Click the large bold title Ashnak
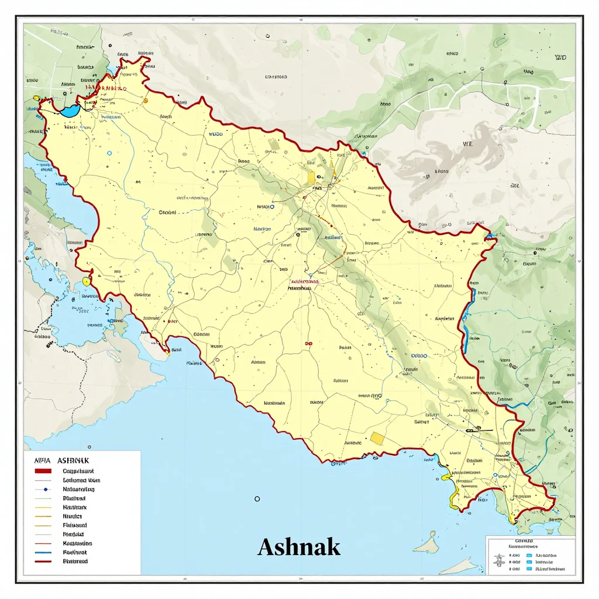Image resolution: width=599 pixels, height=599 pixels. [298, 547]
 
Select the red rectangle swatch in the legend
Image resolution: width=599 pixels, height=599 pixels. [43, 471]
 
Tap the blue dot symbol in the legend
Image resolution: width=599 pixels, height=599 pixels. [43, 489]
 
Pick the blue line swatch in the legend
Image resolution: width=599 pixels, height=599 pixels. [43, 552]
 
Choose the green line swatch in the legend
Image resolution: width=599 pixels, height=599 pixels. [43, 498]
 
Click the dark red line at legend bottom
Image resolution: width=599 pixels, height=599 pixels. [43, 562]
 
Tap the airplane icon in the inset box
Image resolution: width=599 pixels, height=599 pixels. [499, 560]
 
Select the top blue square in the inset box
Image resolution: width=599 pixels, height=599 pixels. [529, 555]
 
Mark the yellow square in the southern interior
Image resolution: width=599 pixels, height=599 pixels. [377, 438]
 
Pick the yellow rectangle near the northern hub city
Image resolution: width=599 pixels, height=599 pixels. [310, 176]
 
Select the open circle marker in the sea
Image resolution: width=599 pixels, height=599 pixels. [257, 498]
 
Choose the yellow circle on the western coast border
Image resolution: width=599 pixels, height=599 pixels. [87, 281]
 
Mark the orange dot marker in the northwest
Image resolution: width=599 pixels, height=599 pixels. [146, 101]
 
